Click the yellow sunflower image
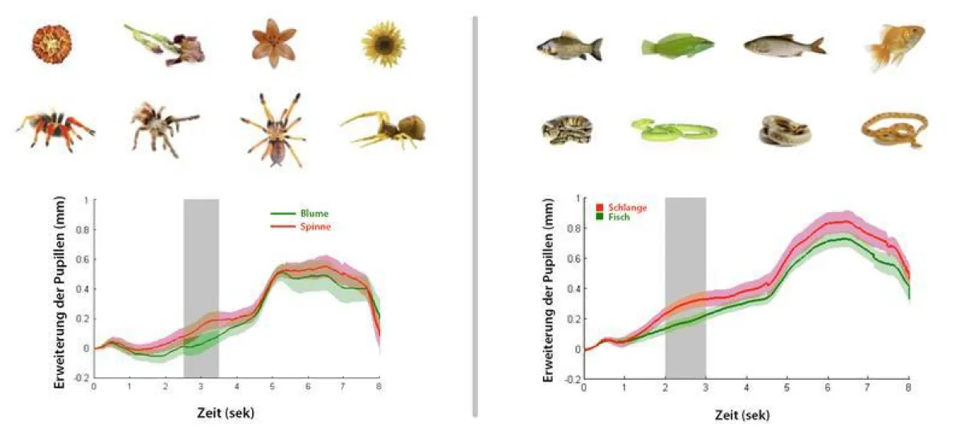point(380,43)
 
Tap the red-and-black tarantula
point(55,129)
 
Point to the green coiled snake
point(673,129)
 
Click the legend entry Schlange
point(626,207)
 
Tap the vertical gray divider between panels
point(476,217)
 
